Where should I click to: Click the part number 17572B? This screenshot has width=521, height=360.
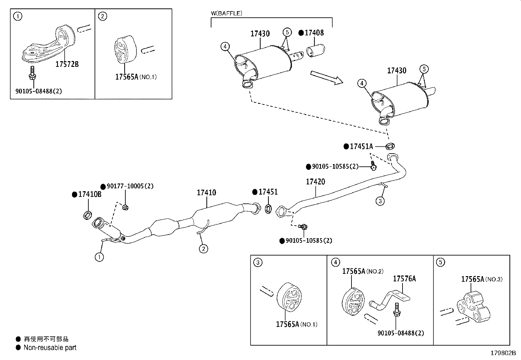coord(67,64)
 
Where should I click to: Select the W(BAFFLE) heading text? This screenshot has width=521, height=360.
coord(226,13)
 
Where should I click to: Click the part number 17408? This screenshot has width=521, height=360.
coord(314,32)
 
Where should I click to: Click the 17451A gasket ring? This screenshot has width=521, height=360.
coord(390,146)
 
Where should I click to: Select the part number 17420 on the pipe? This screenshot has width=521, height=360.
coord(315,181)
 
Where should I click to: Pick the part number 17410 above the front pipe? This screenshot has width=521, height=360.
coord(206,193)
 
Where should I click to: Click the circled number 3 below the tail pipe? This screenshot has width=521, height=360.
coord(380,201)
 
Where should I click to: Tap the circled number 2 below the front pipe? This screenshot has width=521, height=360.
coord(203,249)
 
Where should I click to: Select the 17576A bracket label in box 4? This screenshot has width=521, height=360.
coord(404,279)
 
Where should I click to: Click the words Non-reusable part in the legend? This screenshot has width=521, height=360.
coord(50,348)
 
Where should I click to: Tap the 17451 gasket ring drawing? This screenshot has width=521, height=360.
coord(268,208)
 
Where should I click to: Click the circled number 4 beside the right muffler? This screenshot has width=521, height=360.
coord(362,84)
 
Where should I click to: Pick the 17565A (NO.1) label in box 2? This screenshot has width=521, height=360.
coord(136,77)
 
